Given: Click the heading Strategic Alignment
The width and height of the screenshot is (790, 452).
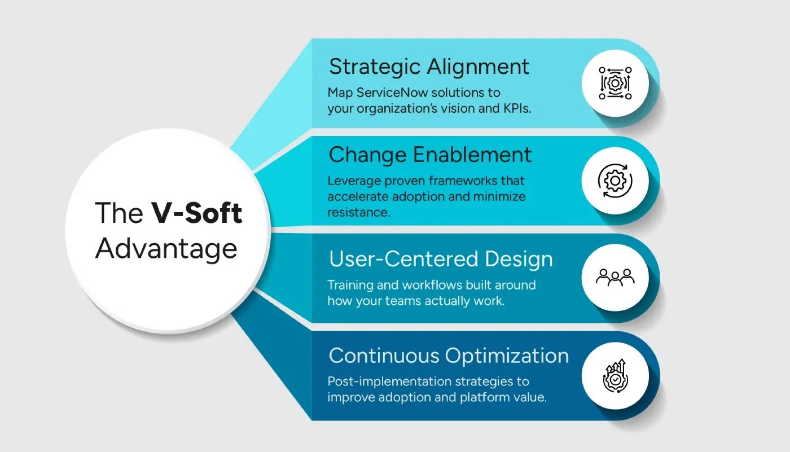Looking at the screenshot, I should click(x=429, y=67).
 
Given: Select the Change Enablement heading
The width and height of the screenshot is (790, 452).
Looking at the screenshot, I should click(x=430, y=155).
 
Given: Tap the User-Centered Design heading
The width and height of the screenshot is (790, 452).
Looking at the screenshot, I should click(x=441, y=260).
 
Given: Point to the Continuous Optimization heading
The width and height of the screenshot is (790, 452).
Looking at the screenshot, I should click(x=449, y=356).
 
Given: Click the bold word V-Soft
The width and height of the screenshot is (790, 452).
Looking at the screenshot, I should click(x=196, y=213).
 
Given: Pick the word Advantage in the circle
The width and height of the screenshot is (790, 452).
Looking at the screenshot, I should click(x=166, y=248).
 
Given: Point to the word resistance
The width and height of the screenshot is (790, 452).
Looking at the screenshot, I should click(x=358, y=213).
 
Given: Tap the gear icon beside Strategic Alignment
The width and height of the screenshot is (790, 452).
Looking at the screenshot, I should click(x=615, y=83).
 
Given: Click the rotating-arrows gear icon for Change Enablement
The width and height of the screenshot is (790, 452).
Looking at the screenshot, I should click(x=615, y=181).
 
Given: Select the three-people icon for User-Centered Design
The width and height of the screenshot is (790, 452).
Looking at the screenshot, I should click(x=615, y=277).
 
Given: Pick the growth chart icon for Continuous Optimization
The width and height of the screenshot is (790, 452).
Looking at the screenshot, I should click(x=615, y=375).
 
